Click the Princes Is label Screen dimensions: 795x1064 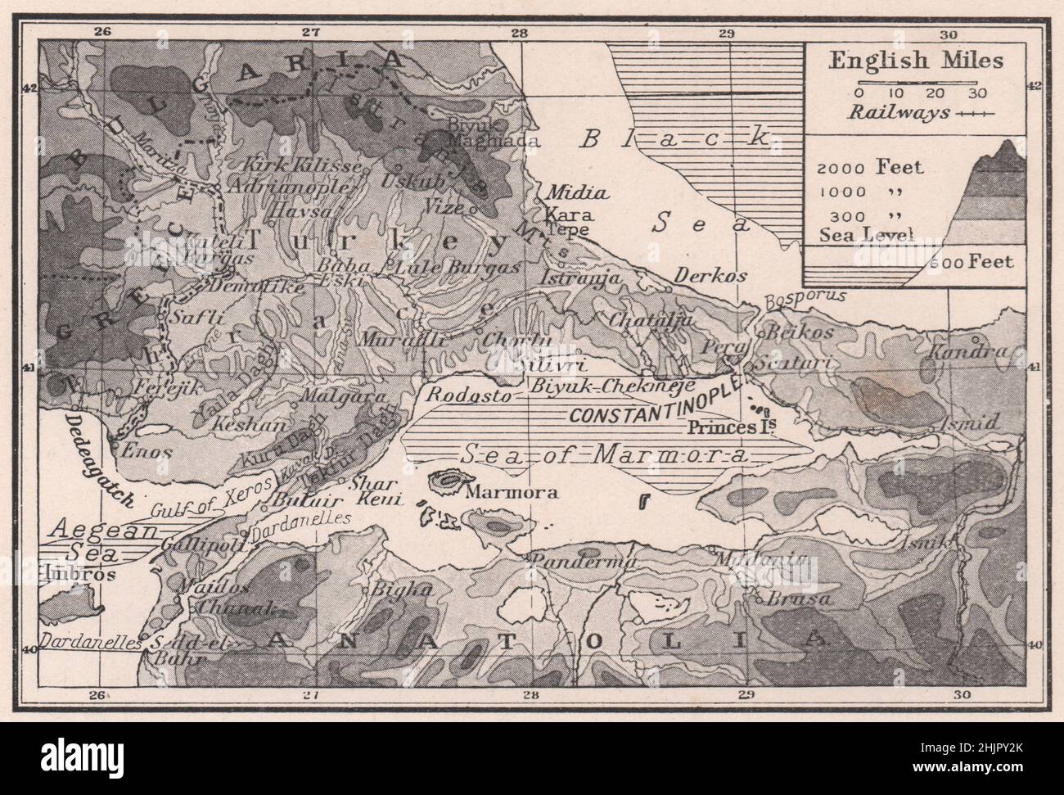731,427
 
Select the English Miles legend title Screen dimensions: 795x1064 915,61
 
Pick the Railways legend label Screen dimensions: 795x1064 899,113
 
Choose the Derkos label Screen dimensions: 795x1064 710,276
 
